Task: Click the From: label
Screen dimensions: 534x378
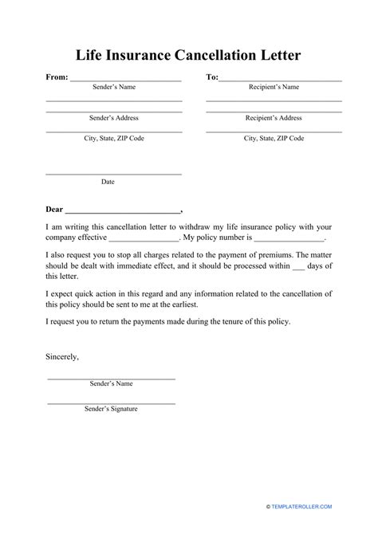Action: point(57,77)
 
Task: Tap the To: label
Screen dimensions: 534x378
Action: point(211,77)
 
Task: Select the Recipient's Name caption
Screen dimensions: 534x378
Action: point(273,87)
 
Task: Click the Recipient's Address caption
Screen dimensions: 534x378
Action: point(273,117)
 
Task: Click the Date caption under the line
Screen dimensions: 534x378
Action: point(108,182)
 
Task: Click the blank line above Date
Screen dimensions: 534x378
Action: point(113,173)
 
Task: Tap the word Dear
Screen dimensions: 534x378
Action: point(54,210)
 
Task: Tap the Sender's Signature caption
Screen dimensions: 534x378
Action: point(111,409)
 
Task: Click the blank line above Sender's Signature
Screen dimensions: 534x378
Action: point(111,400)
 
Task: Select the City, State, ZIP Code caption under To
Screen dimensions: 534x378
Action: point(273,138)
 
